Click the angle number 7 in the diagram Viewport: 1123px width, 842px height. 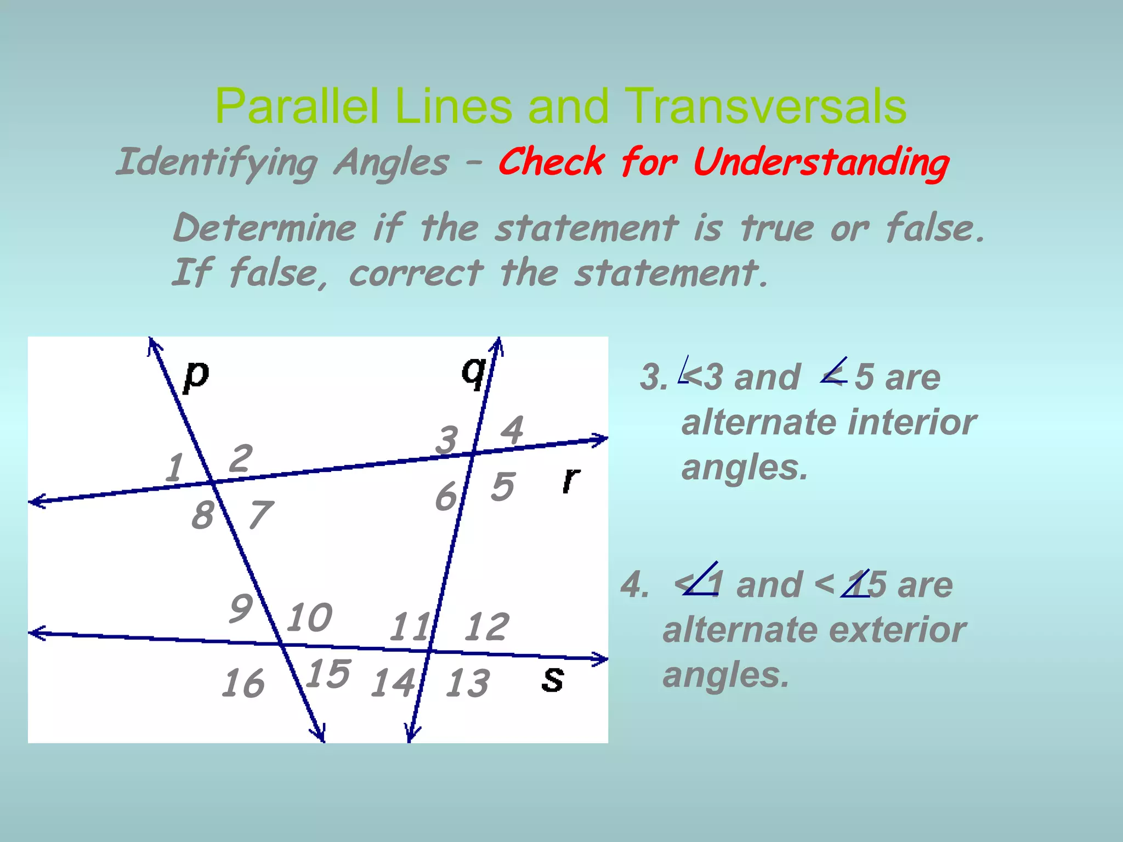click(x=260, y=515)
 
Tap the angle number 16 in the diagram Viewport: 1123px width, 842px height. click(x=243, y=684)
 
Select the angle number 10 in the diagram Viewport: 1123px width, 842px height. click(x=309, y=617)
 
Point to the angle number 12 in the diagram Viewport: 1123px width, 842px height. click(x=486, y=627)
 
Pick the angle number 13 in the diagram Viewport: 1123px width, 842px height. click(x=467, y=684)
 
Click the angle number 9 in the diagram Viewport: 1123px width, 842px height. click(x=241, y=608)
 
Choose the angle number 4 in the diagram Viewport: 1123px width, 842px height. click(x=512, y=430)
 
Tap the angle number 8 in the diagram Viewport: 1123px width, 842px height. click(x=202, y=515)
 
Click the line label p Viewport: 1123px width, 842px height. click(x=196, y=376)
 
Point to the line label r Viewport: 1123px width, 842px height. click(x=571, y=480)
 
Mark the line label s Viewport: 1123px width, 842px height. click(x=552, y=679)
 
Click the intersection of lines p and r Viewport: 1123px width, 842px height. click(x=213, y=482)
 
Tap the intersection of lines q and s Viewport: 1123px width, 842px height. click(x=429, y=651)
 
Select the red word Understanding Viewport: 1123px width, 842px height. click(x=821, y=163)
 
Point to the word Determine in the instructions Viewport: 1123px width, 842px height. click(x=265, y=227)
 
